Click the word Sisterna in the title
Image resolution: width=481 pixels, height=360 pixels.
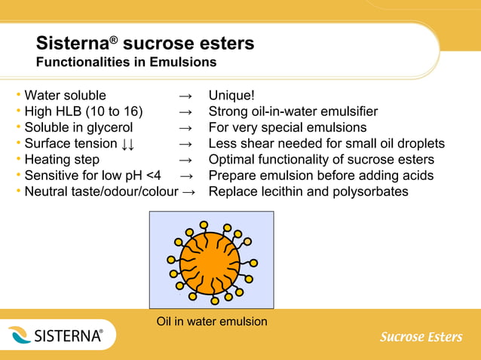(72, 44)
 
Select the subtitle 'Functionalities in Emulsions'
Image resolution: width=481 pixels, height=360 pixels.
(126, 62)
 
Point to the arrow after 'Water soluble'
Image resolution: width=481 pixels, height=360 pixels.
(187, 96)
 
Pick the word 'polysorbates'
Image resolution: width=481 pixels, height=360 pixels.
(372, 191)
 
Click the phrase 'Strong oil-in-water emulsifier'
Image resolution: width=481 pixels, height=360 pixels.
(293, 111)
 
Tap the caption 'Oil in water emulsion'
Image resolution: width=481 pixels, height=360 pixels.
(212, 322)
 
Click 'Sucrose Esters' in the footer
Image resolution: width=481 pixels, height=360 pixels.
(421, 337)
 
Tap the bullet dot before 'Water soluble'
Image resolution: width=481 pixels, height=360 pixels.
(18, 96)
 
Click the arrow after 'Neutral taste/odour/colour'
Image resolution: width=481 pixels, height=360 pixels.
(190, 191)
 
